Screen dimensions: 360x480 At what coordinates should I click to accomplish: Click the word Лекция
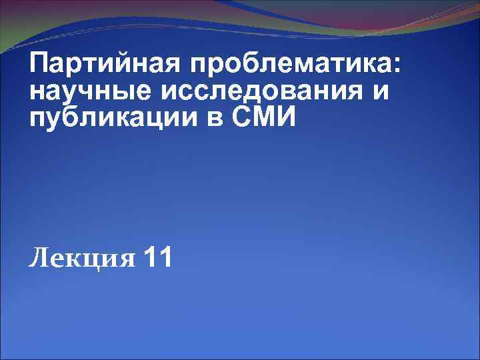82,258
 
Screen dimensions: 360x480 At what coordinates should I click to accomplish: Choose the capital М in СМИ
268,117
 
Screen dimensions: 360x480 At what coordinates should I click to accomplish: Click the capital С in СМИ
244,117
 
